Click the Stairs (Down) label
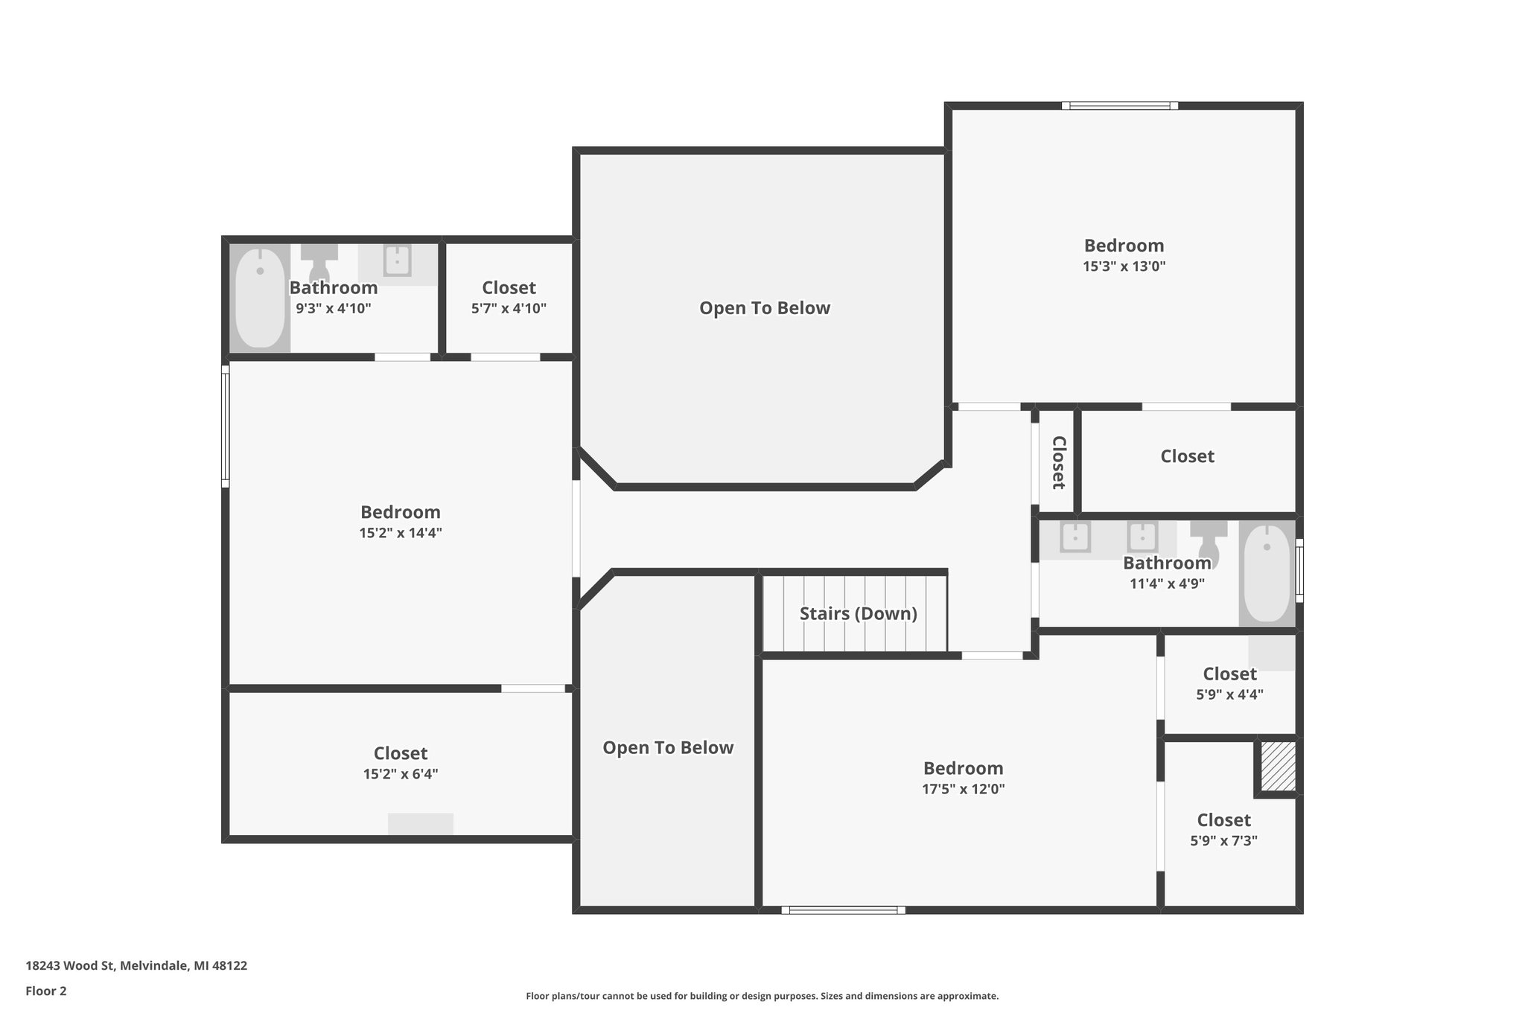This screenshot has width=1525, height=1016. pos(858,613)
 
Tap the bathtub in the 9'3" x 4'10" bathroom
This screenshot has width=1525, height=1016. pos(260,297)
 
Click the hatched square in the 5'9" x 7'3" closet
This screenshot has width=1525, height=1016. pos(1278,766)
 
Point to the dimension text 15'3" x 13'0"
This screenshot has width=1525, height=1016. pos(1124,266)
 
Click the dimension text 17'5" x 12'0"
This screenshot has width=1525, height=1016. pos(963,789)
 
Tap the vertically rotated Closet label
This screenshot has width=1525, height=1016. pos(1058,462)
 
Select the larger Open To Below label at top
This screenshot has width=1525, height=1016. pos(764,308)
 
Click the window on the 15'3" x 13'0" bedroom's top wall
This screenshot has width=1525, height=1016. pos(1119,106)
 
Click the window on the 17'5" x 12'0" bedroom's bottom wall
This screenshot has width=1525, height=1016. pos(843,910)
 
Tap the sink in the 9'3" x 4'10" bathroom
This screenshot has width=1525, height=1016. pos(397,261)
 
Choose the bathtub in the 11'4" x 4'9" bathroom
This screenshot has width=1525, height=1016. pos(1267,573)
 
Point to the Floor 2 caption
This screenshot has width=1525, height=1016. pos(46,991)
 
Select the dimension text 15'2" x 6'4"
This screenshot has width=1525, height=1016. pos(400,774)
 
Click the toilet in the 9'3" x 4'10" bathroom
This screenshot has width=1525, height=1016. pos(319,262)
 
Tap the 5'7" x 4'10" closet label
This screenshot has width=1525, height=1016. pos(509,288)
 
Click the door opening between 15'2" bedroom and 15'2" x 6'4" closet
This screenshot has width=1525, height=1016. pos(532,688)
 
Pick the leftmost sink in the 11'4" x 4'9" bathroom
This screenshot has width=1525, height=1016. pos(1075,537)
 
